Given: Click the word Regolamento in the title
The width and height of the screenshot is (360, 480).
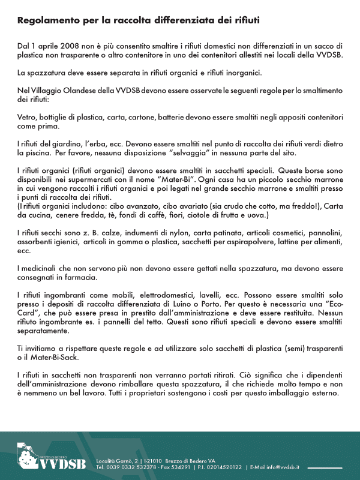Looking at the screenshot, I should (47, 20).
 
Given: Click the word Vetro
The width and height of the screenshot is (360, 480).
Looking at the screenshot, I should (27, 118).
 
